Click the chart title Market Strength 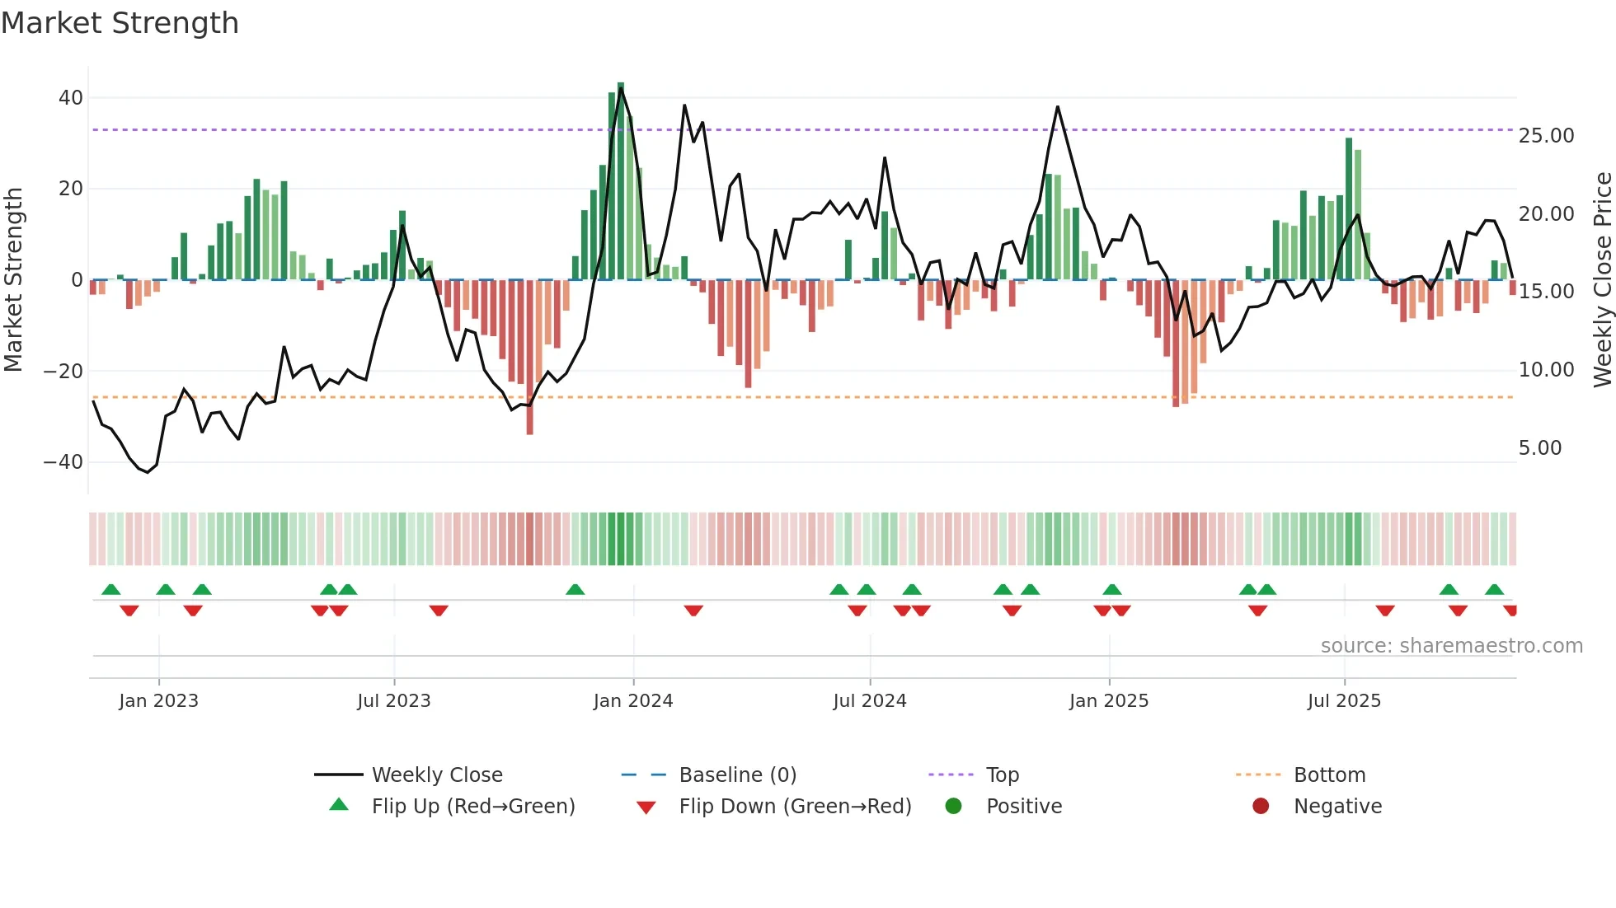pos(120,23)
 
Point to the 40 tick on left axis pos(71,98)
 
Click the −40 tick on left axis pos(63,462)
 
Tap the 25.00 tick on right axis pos(1546,136)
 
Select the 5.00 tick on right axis pos(1539,448)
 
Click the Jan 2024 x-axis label pos(632,701)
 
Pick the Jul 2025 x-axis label pos(1343,701)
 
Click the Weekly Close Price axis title pos(1602,280)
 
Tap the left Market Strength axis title pos(14,280)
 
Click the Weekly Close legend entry pos(436,775)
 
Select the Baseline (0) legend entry pos(737,775)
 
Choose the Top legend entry pos(1002,775)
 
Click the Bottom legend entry pos(1329,775)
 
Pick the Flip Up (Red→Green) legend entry pos(472,807)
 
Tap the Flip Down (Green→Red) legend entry pos(795,807)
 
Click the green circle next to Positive pos(953,807)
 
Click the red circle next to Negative pos(1260,807)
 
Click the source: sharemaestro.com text pos(1451,646)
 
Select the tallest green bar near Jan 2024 pos(621,181)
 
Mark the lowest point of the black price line pos(148,472)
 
